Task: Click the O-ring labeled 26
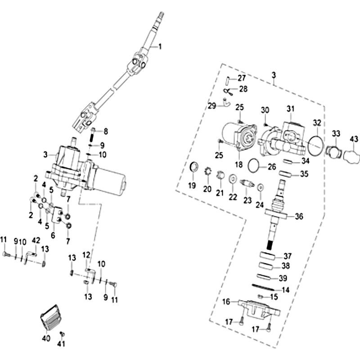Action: (x=255, y=166)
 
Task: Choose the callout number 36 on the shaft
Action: (x=299, y=216)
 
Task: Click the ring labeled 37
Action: (x=269, y=256)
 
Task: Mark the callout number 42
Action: (x=36, y=240)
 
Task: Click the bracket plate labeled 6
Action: (x=57, y=215)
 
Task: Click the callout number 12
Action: (x=86, y=256)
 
